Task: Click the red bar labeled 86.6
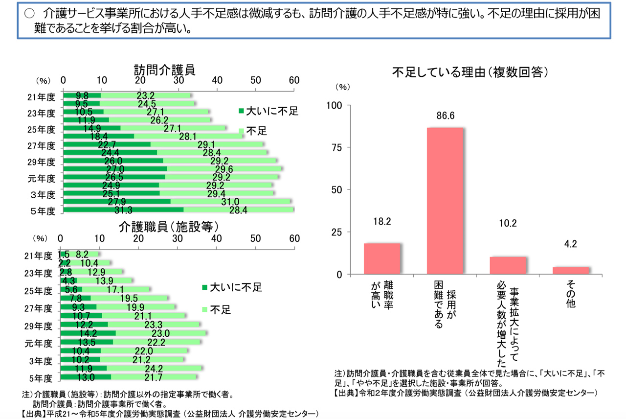445,201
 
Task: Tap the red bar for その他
571,270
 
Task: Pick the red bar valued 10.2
508,265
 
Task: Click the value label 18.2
382,222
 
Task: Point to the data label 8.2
82,255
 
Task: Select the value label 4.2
571,244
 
